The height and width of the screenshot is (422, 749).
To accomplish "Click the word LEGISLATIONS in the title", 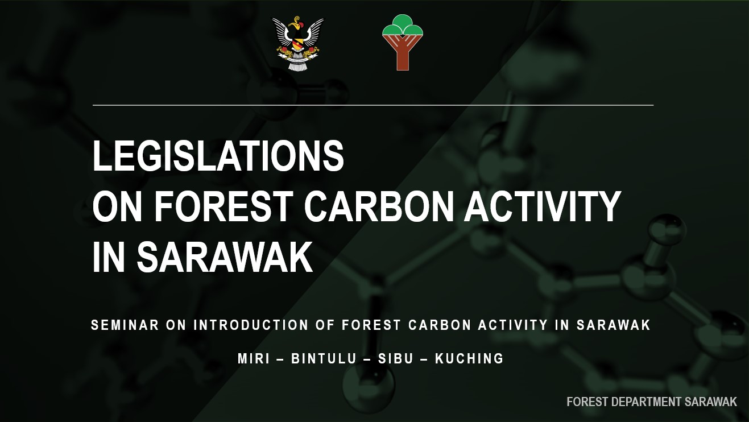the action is (218, 155).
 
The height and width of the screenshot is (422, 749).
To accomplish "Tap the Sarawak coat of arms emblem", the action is (298, 43).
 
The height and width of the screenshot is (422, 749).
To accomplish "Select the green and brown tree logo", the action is (403, 42).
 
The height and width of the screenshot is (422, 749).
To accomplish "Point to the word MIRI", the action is (254, 358).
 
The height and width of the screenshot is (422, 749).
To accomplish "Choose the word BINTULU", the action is (324, 358).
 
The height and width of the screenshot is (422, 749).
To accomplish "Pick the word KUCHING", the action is (469, 358).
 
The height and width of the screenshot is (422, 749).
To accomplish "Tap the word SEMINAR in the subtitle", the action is (125, 325).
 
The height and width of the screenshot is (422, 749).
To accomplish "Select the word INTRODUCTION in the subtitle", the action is (251, 325).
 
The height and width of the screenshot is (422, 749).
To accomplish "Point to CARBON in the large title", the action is (379, 206).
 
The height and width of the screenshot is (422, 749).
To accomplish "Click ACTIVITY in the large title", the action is (542, 206).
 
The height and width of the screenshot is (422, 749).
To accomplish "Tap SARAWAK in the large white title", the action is (225, 256).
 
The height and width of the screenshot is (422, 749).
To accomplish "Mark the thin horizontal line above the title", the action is (373, 105).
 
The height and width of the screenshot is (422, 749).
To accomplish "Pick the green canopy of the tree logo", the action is (403, 25).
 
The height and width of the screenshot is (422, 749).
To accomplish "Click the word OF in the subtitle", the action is (325, 325).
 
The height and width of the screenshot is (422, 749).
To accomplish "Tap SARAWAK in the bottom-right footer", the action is (710, 402).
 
